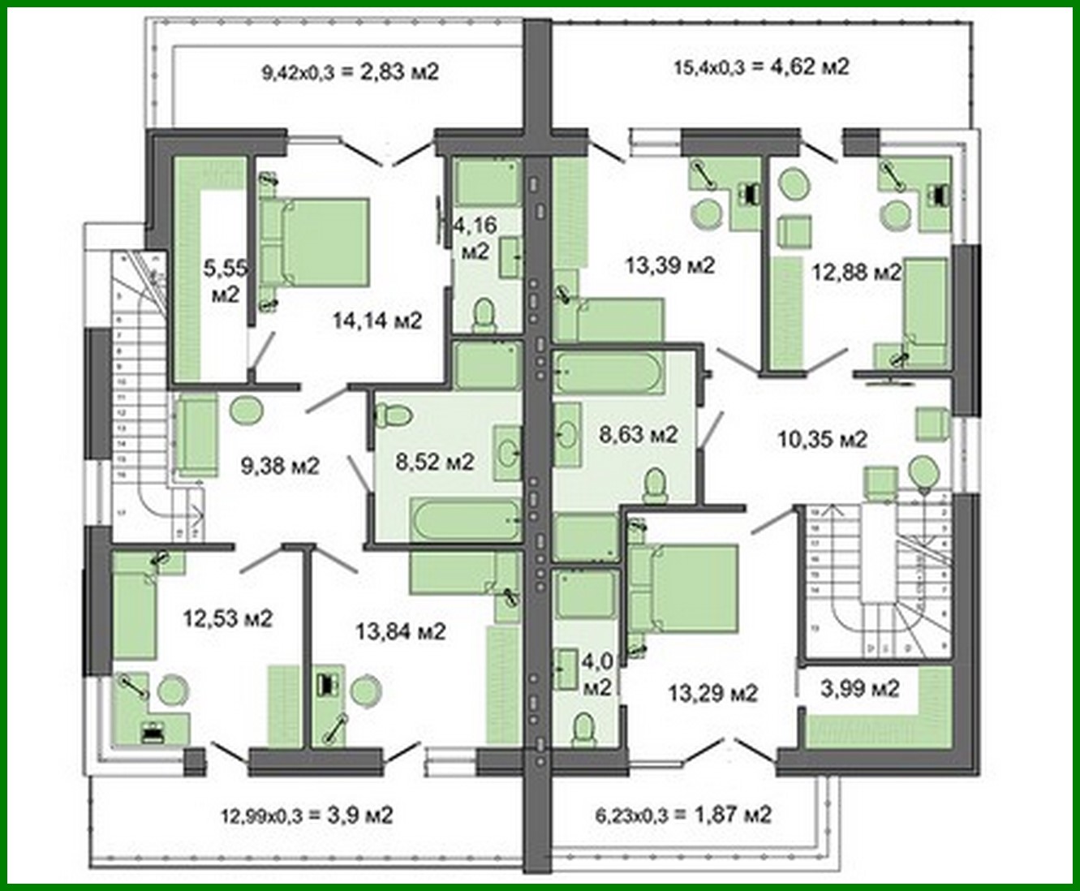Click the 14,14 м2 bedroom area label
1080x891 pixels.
pyautogui.click(x=377, y=321)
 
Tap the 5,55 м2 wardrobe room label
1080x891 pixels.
pyautogui.click(x=225, y=281)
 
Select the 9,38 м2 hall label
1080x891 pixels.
pyautogui.click(x=280, y=466)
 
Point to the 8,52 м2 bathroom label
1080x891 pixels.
pyautogui.click(x=435, y=462)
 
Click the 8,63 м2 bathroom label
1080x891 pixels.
pyautogui.click(x=638, y=435)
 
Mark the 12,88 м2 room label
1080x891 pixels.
pyautogui.click(x=856, y=272)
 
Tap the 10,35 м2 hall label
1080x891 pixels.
pyautogui.click(x=822, y=440)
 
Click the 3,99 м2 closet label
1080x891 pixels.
pyautogui.click(x=860, y=689)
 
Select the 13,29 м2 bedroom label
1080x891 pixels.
pyautogui.click(x=712, y=694)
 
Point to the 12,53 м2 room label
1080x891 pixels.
pyautogui.click(x=227, y=618)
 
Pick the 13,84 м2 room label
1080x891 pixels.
pyautogui.click(x=401, y=631)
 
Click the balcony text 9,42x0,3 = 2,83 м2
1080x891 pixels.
pyautogui.click(x=350, y=72)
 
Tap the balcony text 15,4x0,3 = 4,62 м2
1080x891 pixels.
pyautogui.click(x=761, y=67)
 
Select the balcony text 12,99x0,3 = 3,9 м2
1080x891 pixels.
pyautogui.click(x=307, y=815)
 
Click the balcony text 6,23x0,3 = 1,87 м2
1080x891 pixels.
pyautogui.click(x=680, y=815)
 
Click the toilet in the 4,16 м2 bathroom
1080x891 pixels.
pyautogui.click(x=484, y=315)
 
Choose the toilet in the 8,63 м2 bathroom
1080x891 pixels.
pyautogui.click(x=655, y=486)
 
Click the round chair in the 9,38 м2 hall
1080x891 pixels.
pyautogui.click(x=247, y=411)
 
